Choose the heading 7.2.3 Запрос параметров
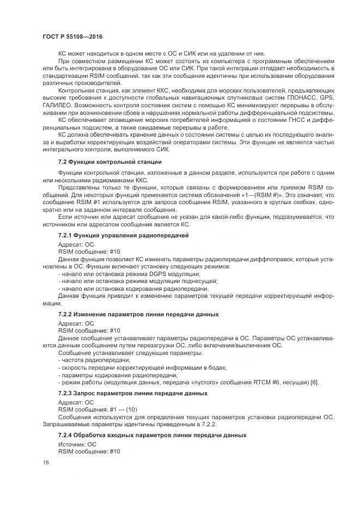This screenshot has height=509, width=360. click(132, 393)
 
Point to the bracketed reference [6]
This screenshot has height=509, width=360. click(314, 382)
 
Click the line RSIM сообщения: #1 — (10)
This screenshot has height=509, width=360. click(97, 409)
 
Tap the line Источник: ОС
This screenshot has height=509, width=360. click(77, 444)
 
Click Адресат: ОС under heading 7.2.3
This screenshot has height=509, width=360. click(76, 402)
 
